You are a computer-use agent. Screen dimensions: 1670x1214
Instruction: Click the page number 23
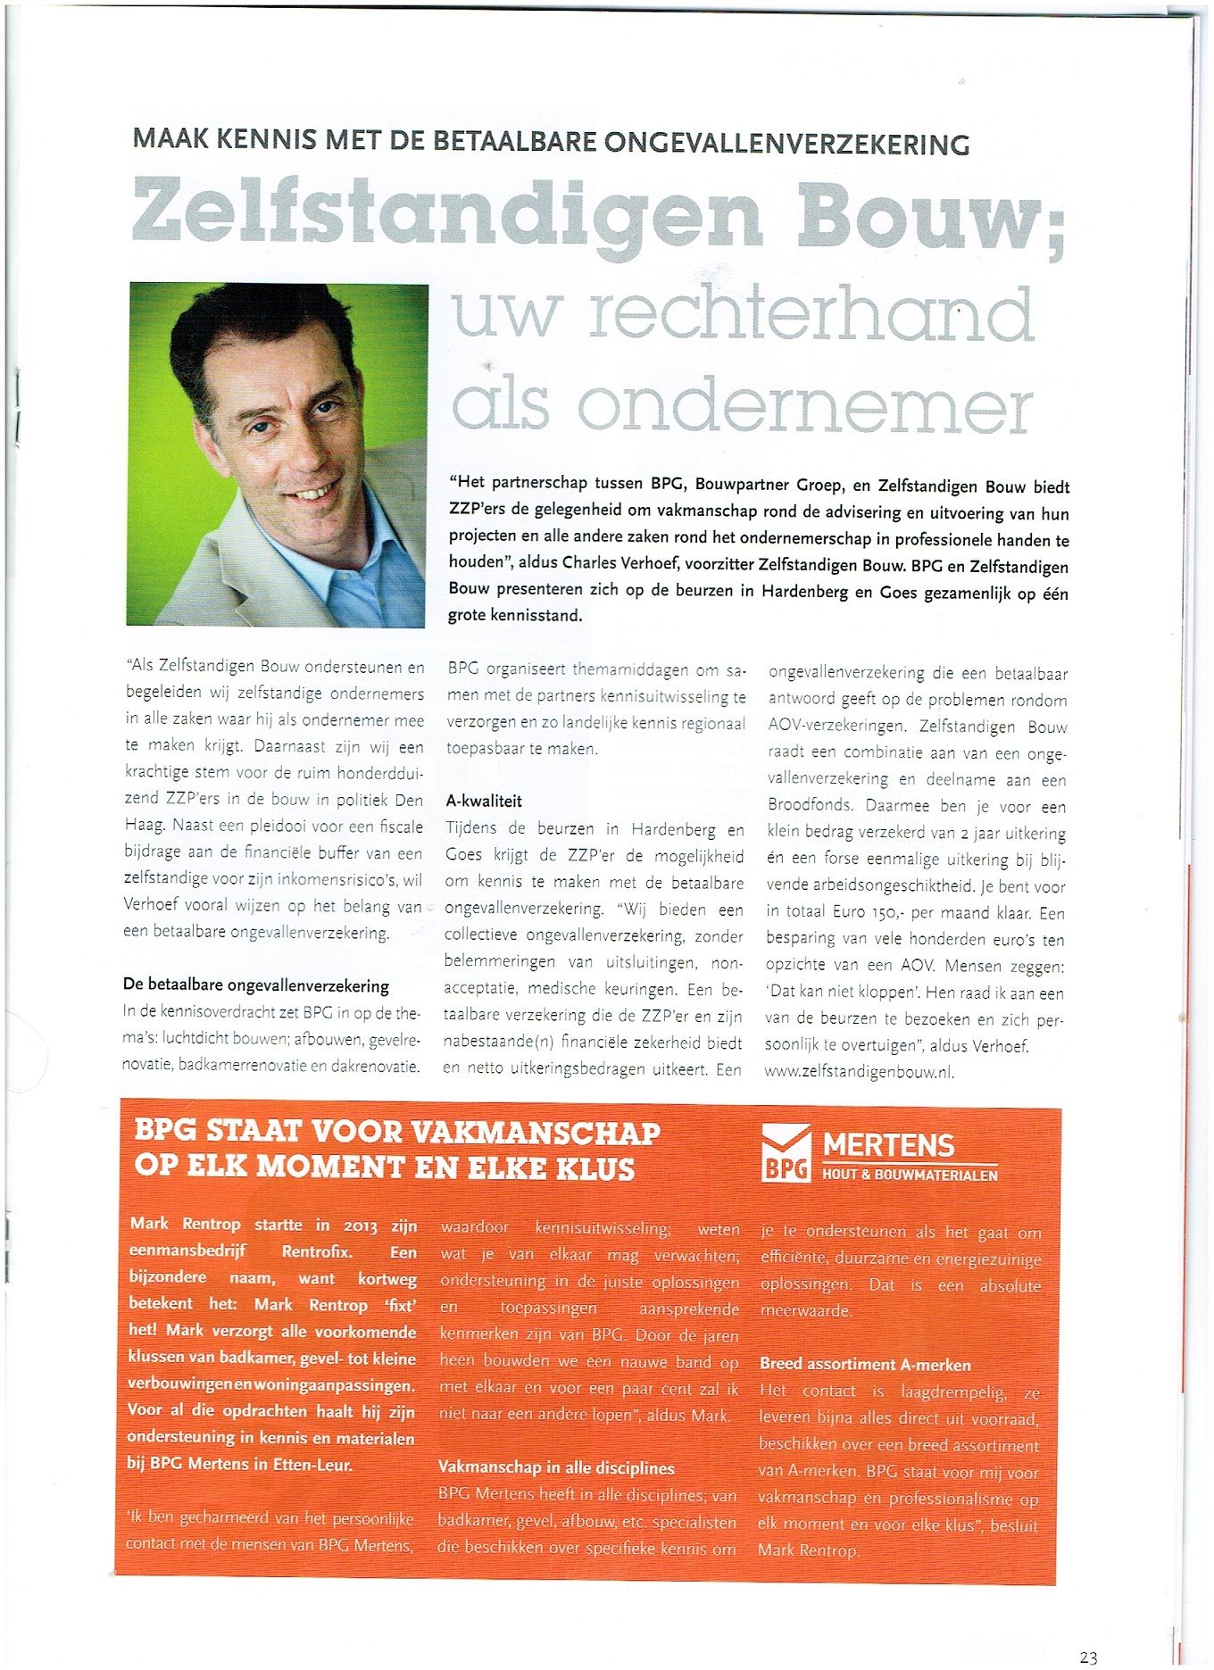pos(1088,1658)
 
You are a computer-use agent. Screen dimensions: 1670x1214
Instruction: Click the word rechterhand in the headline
pos(811,315)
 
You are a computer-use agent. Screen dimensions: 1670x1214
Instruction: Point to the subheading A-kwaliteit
pos(484,801)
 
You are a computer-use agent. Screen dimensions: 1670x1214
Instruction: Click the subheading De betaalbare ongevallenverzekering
pos(256,985)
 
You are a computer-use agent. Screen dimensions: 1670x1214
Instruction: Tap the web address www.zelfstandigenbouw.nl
pos(859,1072)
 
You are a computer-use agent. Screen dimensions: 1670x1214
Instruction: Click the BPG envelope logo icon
pos(786,1152)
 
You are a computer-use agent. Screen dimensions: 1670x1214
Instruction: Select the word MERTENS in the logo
pos(888,1144)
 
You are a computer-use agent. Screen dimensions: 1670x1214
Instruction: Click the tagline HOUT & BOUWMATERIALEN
pos(910,1175)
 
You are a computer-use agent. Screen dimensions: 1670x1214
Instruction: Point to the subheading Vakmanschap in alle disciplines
pos(556,1467)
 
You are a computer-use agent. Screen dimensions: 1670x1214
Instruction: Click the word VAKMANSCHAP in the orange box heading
pos(536,1133)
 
